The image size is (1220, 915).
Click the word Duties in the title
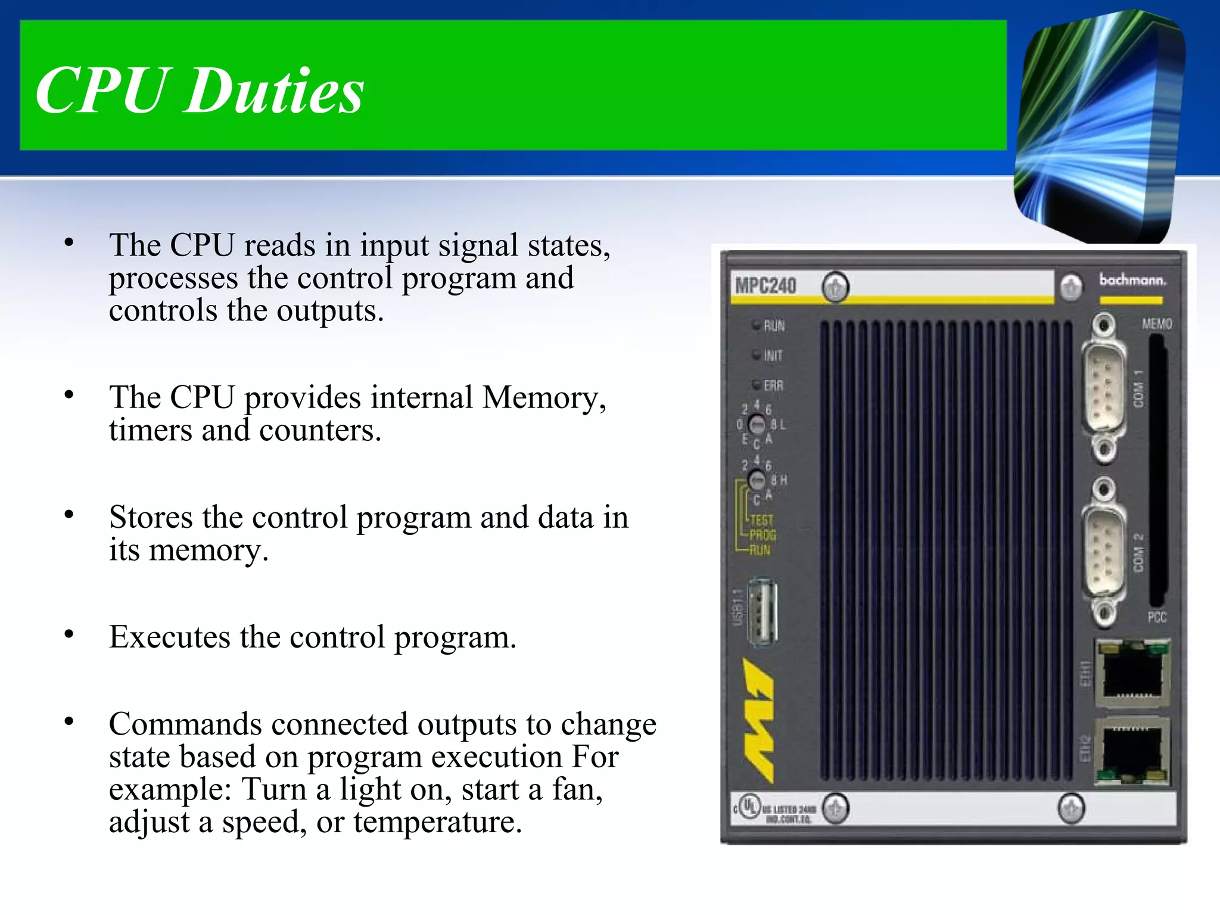pyautogui.click(x=273, y=91)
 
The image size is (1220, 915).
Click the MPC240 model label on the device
pyautogui.click(x=765, y=286)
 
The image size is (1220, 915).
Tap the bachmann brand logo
pyautogui.click(x=1132, y=280)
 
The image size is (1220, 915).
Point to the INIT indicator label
pyautogui.click(x=773, y=356)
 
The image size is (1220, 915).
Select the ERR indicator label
pyautogui.click(x=773, y=385)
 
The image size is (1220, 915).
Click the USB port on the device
pyautogui.click(x=762, y=612)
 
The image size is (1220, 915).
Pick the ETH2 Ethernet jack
pyautogui.click(x=1132, y=751)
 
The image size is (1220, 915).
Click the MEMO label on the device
pyautogui.click(x=1156, y=324)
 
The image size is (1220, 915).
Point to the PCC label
pyautogui.click(x=1156, y=617)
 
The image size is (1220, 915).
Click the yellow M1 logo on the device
pyautogui.click(x=758, y=720)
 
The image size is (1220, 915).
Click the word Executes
pyautogui.click(x=169, y=637)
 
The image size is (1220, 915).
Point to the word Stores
pyautogui.click(x=150, y=517)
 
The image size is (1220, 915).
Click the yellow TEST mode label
pyautogui.click(x=761, y=520)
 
